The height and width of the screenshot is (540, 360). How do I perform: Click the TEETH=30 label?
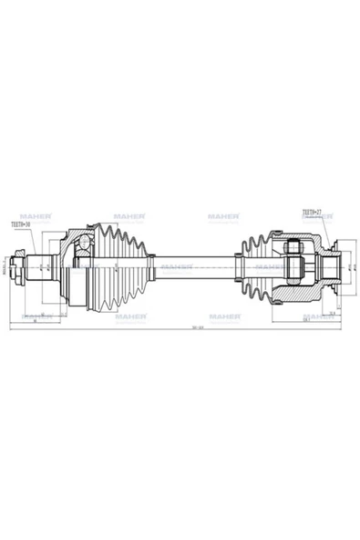point(19,222)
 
